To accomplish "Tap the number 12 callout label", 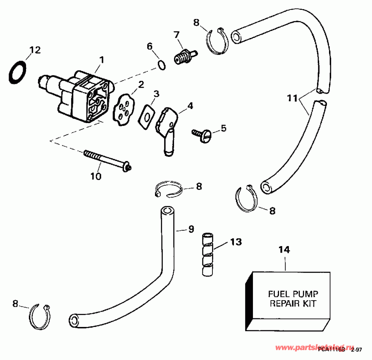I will [x=35, y=50].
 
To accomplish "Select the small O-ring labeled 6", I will [x=162, y=65].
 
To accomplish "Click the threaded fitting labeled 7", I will [x=182, y=57].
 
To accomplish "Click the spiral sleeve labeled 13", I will [x=207, y=253].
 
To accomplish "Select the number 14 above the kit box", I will [x=284, y=250].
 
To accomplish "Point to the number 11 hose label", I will [x=292, y=98].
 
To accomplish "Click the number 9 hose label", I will [x=191, y=229].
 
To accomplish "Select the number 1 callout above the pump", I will [x=101, y=59].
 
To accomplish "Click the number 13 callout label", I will [x=236, y=242].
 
